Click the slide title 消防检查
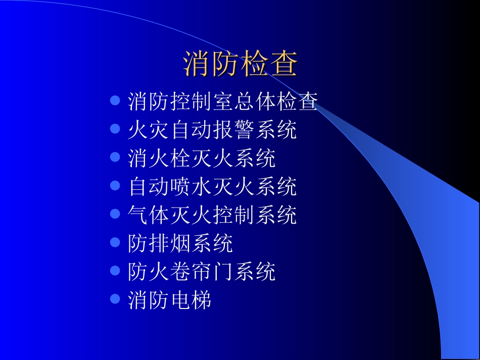pyautogui.click(x=240, y=64)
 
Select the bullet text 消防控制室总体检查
pyautogui.click(x=223, y=101)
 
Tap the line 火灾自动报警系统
pyautogui.click(x=212, y=130)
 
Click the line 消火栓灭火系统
pyautogui.click(x=202, y=159)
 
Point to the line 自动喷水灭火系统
pyautogui.click(x=212, y=187)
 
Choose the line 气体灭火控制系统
pyautogui.click(x=212, y=216)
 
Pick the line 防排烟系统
pyautogui.click(x=180, y=244)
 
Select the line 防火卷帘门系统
pyautogui.click(x=202, y=272)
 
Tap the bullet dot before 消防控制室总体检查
pyautogui.click(x=115, y=100)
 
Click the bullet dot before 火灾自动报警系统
pyautogui.click(x=115, y=129)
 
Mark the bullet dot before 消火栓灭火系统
pyautogui.click(x=115, y=158)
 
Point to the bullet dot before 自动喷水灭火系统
pyautogui.click(x=115, y=186)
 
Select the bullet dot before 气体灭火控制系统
pyautogui.click(x=115, y=215)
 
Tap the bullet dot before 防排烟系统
pyautogui.click(x=115, y=243)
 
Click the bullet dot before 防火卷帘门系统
pyautogui.click(x=115, y=271)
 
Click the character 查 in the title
pyautogui.click(x=284, y=64)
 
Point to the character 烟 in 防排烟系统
pyautogui.click(x=180, y=244)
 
